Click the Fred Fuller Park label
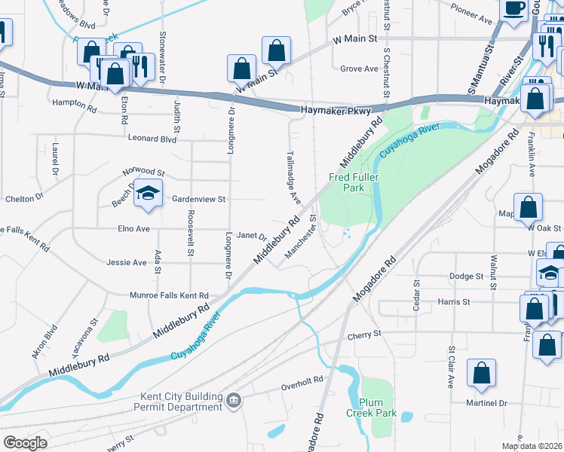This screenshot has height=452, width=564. click(353, 183)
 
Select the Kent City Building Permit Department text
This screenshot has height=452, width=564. click(182, 402)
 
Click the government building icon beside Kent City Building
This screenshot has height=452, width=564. click(234, 399)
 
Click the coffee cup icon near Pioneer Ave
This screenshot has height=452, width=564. click(515, 9)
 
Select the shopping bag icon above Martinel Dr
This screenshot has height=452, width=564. click(481, 372)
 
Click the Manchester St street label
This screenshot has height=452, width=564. click(300, 239)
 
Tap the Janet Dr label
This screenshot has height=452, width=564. click(252, 236)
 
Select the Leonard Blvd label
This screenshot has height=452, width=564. click(152, 139)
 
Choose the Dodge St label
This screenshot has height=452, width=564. click(465, 276)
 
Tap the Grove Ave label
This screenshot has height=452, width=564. click(359, 69)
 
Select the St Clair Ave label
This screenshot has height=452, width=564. click(451, 366)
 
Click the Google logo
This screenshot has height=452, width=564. click(25, 442)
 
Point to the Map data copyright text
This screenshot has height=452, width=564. click(531, 445)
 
